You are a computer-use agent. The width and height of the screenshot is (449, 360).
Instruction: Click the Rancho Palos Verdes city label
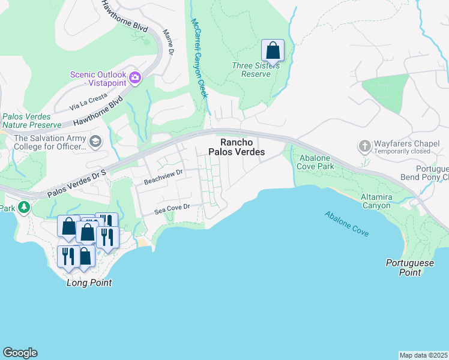(x=236, y=147)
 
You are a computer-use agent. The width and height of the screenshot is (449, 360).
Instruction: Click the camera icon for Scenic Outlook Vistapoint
(x=135, y=77)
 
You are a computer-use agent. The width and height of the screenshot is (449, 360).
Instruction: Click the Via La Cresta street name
(x=88, y=101)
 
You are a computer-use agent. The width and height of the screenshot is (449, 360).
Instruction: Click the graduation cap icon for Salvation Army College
(x=95, y=142)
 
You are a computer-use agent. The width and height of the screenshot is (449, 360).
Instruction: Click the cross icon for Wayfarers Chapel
(x=364, y=146)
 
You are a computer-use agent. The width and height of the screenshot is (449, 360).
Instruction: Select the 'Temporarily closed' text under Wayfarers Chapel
(x=402, y=152)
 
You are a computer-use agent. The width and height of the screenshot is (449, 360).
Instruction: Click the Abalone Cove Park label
(x=316, y=162)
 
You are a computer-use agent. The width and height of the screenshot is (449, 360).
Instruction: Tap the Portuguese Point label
(x=406, y=268)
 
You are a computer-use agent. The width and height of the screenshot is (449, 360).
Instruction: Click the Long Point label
(x=89, y=283)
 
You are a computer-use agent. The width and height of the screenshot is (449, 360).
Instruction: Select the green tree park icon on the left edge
(x=23, y=208)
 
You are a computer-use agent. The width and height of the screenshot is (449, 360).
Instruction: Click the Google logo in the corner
(x=20, y=353)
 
